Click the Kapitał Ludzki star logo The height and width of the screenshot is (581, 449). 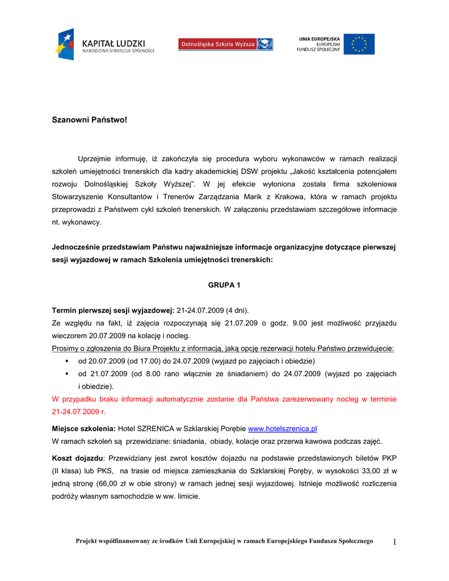pyautogui.click(x=65, y=44)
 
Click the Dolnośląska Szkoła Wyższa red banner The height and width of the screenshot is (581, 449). pyautogui.click(x=225, y=44)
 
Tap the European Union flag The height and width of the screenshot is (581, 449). pyautogui.click(x=359, y=44)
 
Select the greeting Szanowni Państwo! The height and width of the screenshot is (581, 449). pyautogui.click(x=86, y=120)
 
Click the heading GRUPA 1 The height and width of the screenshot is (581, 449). pyautogui.click(x=224, y=285)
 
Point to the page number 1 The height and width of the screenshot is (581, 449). pyautogui.click(x=394, y=542)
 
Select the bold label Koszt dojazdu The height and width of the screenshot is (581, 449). pyautogui.click(x=77, y=457)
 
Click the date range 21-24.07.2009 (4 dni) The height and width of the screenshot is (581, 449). pyautogui.click(x=213, y=310)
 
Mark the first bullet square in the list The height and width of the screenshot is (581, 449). pyautogui.click(x=66, y=361)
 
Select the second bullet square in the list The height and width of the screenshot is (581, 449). pyautogui.click(x=66, y=374)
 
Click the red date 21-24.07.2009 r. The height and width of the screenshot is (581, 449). pyautogui.click(x=78, y=411)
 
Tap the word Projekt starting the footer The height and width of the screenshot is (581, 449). pyautogui.click(x=89, y=541)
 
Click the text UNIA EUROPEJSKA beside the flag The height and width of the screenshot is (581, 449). pyautogui.click(x=320, y=38)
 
